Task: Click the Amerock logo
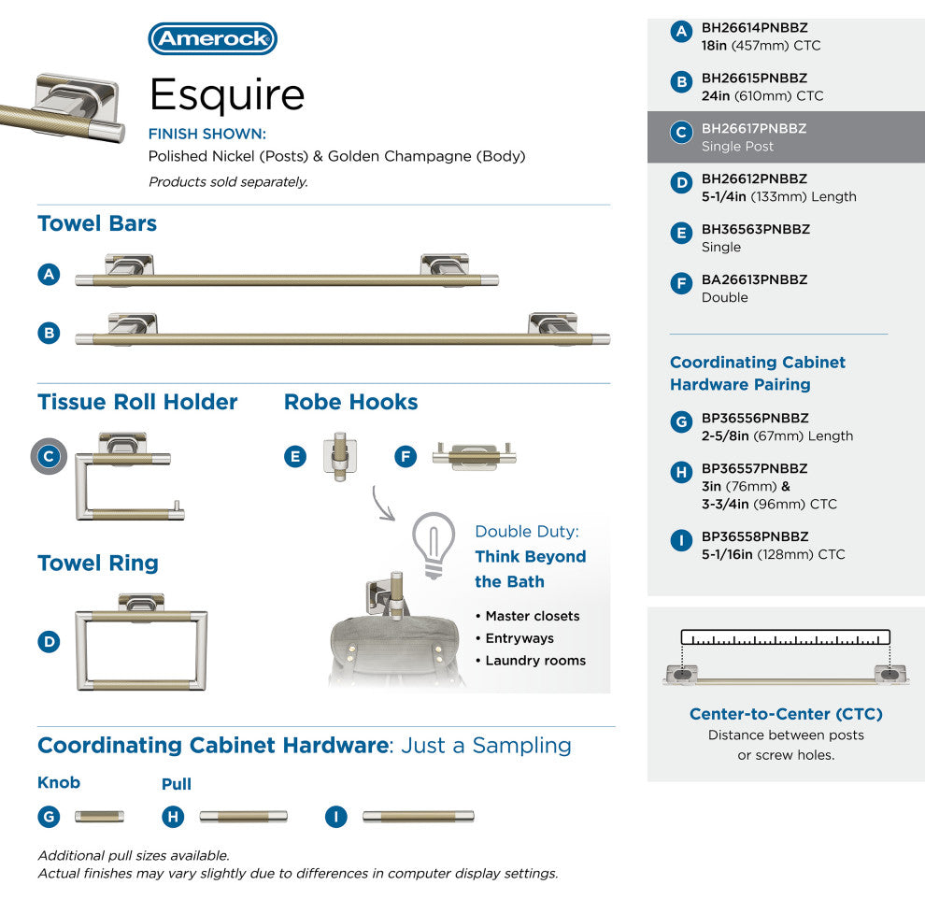pyautogui.click(x=212, y=39)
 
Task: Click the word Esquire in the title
pyautogui.click(x=227, y=94)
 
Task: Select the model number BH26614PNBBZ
pyautogui.click(x=755, y=28)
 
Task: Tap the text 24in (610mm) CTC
pyautogui.click(x=762, y=95)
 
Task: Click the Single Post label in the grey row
pyautogui.click(x=737, y=147)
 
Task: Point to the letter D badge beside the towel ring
pyautogui.click(x=49, y=642)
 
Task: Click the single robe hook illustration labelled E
pyautogui.click(x=340, y=455)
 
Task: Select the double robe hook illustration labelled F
pyautogui.click(x=475, y=455)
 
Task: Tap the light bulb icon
pyautogui.click(x=434, y=545)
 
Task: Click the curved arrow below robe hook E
pyautogui.click(x=380, y=506)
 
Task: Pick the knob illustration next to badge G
pyautogui.click(x=99, y=817)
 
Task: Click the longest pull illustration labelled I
pyautogui.click(x=419, y=817)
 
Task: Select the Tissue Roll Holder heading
pyautogui.click(x=137, y=402)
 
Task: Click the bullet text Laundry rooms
pyautogui.click(x=535, y=661)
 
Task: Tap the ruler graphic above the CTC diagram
pyautogui.click(x=785, y=637)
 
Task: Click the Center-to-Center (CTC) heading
pyautogui.click(x=786, y=714)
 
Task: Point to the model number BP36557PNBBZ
pyautogui.click(x=755, y=468)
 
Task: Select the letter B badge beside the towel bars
pyautogui.click(x=49, y=333)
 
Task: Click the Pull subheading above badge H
pyautogui.click(x=177, y=784)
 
